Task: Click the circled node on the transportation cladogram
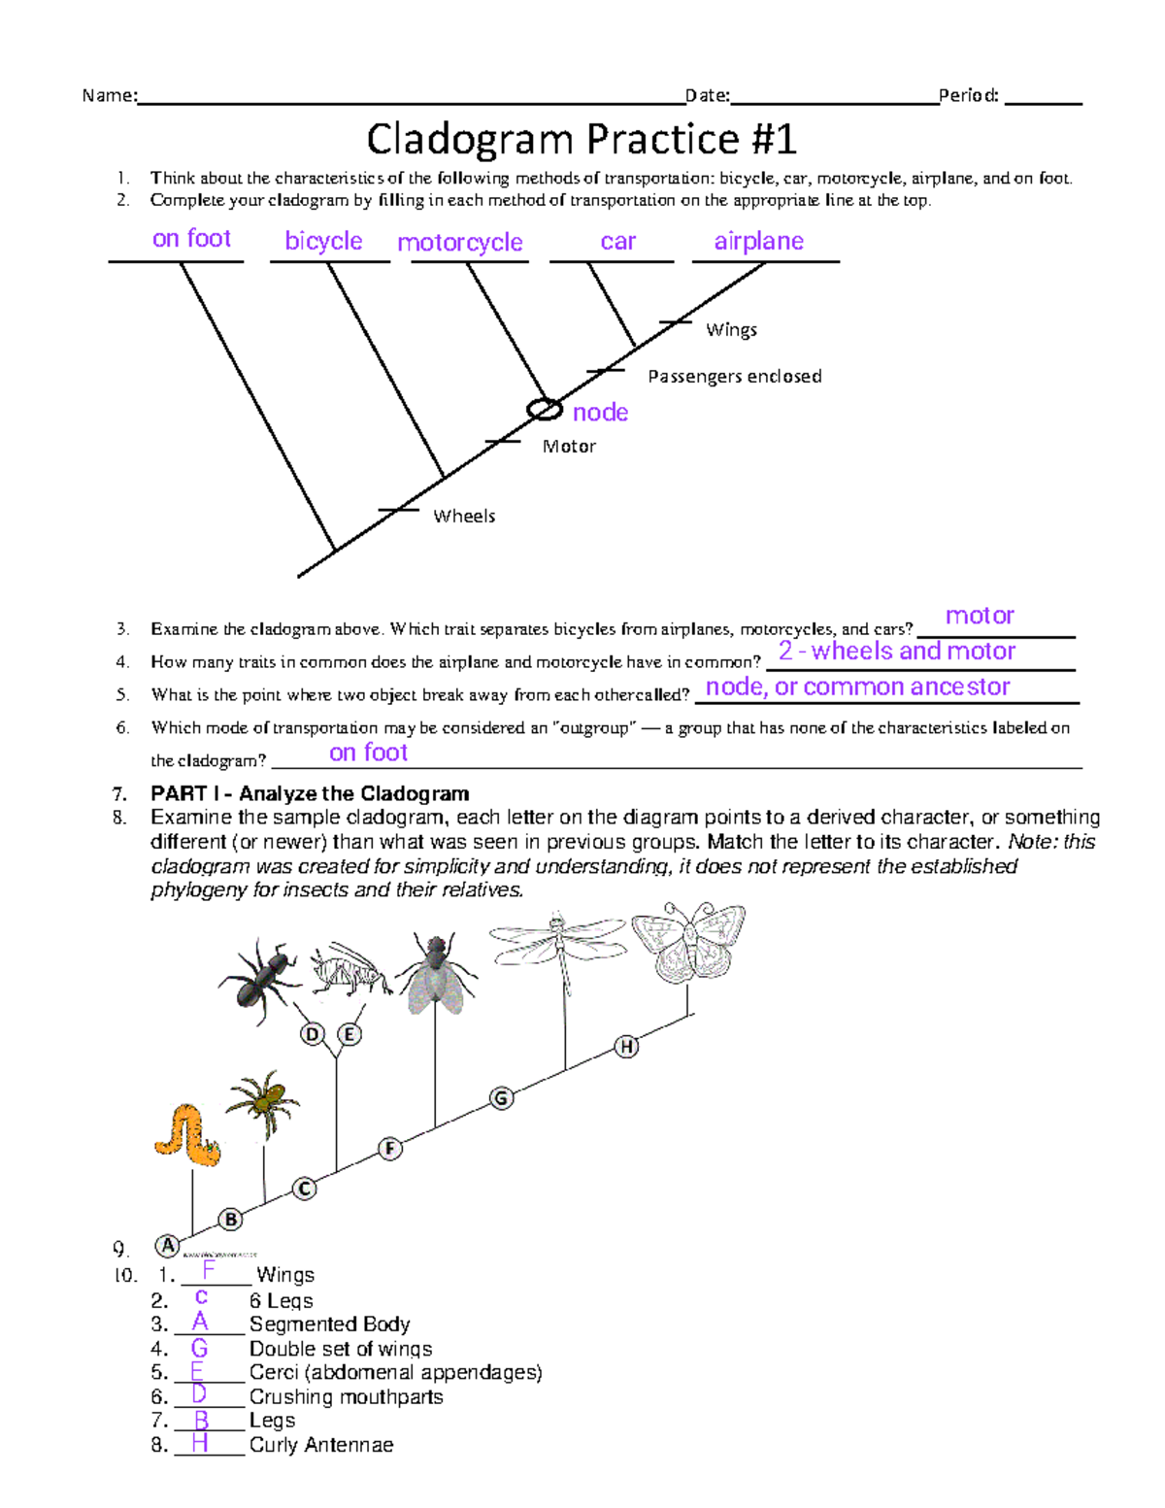pyautogui.click(x=544, y=410)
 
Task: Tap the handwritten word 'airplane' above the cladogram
pyautogui.click(x=758, y=241)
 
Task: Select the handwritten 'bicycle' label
pyautogui.click(x=323, y=241)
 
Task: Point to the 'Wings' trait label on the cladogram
pyautogui.click(x=731, y=330)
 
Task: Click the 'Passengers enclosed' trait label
pyautogui.click(x=734, y=376)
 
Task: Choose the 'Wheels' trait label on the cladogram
pyautogui.click(x=464, y=516)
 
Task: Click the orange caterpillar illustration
pyautogui.click(x=187, y=1134)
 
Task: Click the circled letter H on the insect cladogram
pyautogui.click(x=627, y=1046)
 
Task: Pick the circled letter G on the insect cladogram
pyautogui.click(x=501, y=1098)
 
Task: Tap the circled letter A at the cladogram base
pyautogui.click(x=167, y=1246)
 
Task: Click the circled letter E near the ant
pyautogui.click(x=349, y=1034)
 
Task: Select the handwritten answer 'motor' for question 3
pyautogui.click(x=980, y=616)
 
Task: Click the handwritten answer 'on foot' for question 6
pyautogui.click(x=368, y=753)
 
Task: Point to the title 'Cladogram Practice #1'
pyautogui.click(x=582, y=139)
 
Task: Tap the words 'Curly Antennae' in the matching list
pyautogui.click(x=321, y=1445)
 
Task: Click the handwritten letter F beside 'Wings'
pyautogui.click(x=208, y=1270)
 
